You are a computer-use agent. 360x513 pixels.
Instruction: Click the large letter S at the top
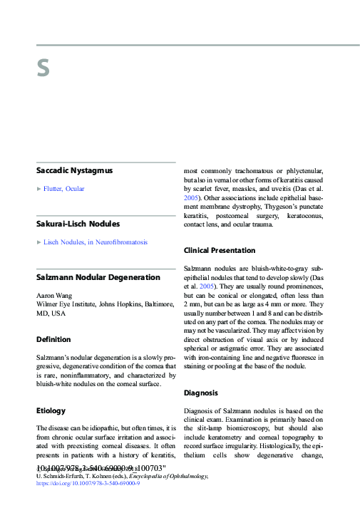pos(43,68)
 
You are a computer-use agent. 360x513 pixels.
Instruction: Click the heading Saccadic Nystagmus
pos(75,171)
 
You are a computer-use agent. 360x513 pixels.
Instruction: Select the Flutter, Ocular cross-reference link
pos(64,189)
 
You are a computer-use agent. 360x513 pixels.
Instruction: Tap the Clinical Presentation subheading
pos(220,251)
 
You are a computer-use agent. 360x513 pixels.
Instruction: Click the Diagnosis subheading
pos(202,393)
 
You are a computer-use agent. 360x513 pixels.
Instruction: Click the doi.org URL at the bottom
pos(88,483)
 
